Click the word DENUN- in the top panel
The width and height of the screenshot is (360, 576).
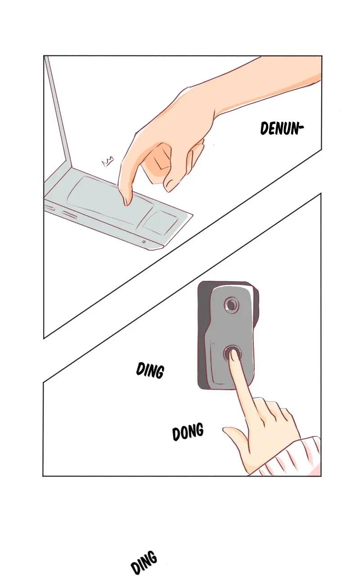[x=282, y=128]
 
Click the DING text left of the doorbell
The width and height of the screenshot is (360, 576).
[x=150, y=370]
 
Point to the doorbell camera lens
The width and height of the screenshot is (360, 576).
[x=231, y=305]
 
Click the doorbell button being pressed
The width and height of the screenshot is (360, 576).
[x=232, y=354]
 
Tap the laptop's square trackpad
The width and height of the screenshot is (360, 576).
[x=161, y=222]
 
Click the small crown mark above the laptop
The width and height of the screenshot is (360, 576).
[x=108, y=161]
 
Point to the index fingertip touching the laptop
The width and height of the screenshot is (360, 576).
[x=127, y=202]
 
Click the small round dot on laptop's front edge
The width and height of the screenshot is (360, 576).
[x=144, y=242]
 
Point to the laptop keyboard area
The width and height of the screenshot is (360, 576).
[x=103, y=198]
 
